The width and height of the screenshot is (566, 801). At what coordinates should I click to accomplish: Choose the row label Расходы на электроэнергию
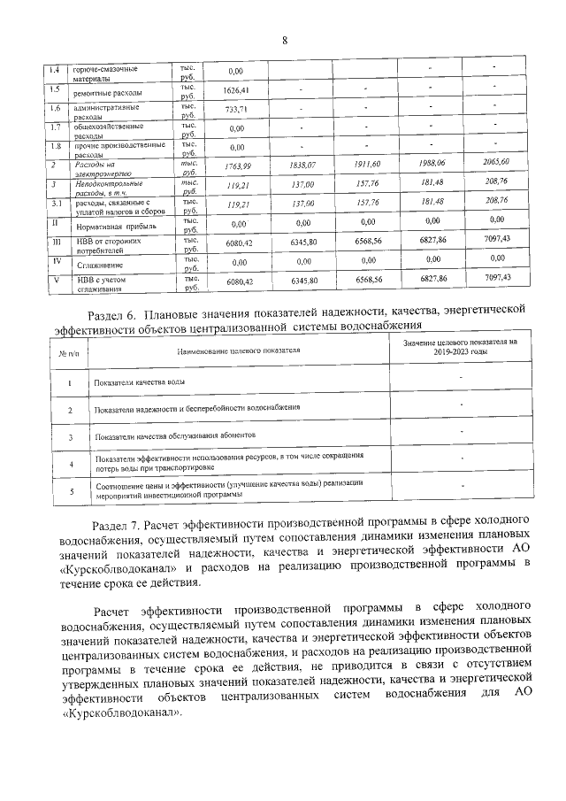(x=96, y=168)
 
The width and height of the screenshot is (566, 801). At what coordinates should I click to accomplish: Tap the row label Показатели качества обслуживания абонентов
(x=174, y=437)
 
